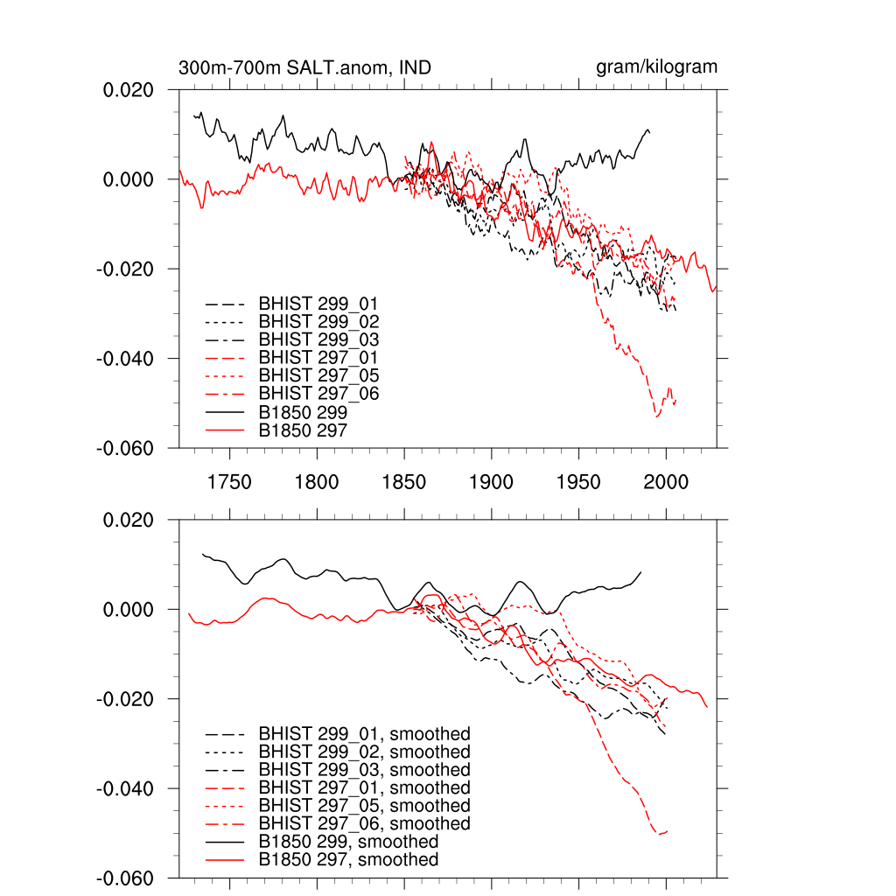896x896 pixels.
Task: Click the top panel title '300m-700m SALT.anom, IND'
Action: [x=304, y=68]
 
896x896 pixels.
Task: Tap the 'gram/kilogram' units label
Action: [x=656, y=67]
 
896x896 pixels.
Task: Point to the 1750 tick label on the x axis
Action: [x=229, y=481]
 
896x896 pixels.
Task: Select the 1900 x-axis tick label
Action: [x=491, y=481]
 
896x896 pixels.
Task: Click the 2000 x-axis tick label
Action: [x=666, y=481]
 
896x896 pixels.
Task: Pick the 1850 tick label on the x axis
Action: [x=404, y=481]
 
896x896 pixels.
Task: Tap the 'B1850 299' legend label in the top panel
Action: [x=303, y=412]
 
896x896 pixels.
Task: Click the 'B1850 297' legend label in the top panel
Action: [x=303, y=430]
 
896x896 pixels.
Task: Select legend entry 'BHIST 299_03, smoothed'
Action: [x=364, y=770]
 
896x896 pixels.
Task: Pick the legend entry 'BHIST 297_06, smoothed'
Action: [x=364, y=824]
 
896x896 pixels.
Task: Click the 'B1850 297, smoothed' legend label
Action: [x=348, y=860]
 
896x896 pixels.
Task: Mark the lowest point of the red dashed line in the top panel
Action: [x=657, y=416]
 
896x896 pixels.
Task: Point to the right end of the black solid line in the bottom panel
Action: [x=641, y=571]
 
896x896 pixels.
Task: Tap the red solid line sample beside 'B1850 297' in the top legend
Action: [x=223, y=430]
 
